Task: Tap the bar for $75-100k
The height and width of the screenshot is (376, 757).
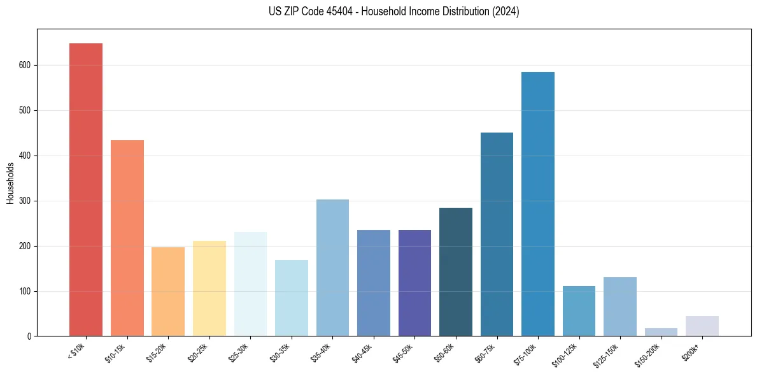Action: click(x=538, y=204)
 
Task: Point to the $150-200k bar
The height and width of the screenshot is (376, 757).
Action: click(x=661, y=332)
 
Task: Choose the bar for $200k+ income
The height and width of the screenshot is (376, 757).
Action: click(x=702, y=326)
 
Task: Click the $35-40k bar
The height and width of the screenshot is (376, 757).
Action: click(x=332, y=268)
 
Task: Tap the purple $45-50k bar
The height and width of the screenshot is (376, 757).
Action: click(x=414, y=283)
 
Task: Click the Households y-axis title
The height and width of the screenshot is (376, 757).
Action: click(x=11, y=183)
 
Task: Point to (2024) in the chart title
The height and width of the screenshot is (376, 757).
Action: click(x=506, y=11)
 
